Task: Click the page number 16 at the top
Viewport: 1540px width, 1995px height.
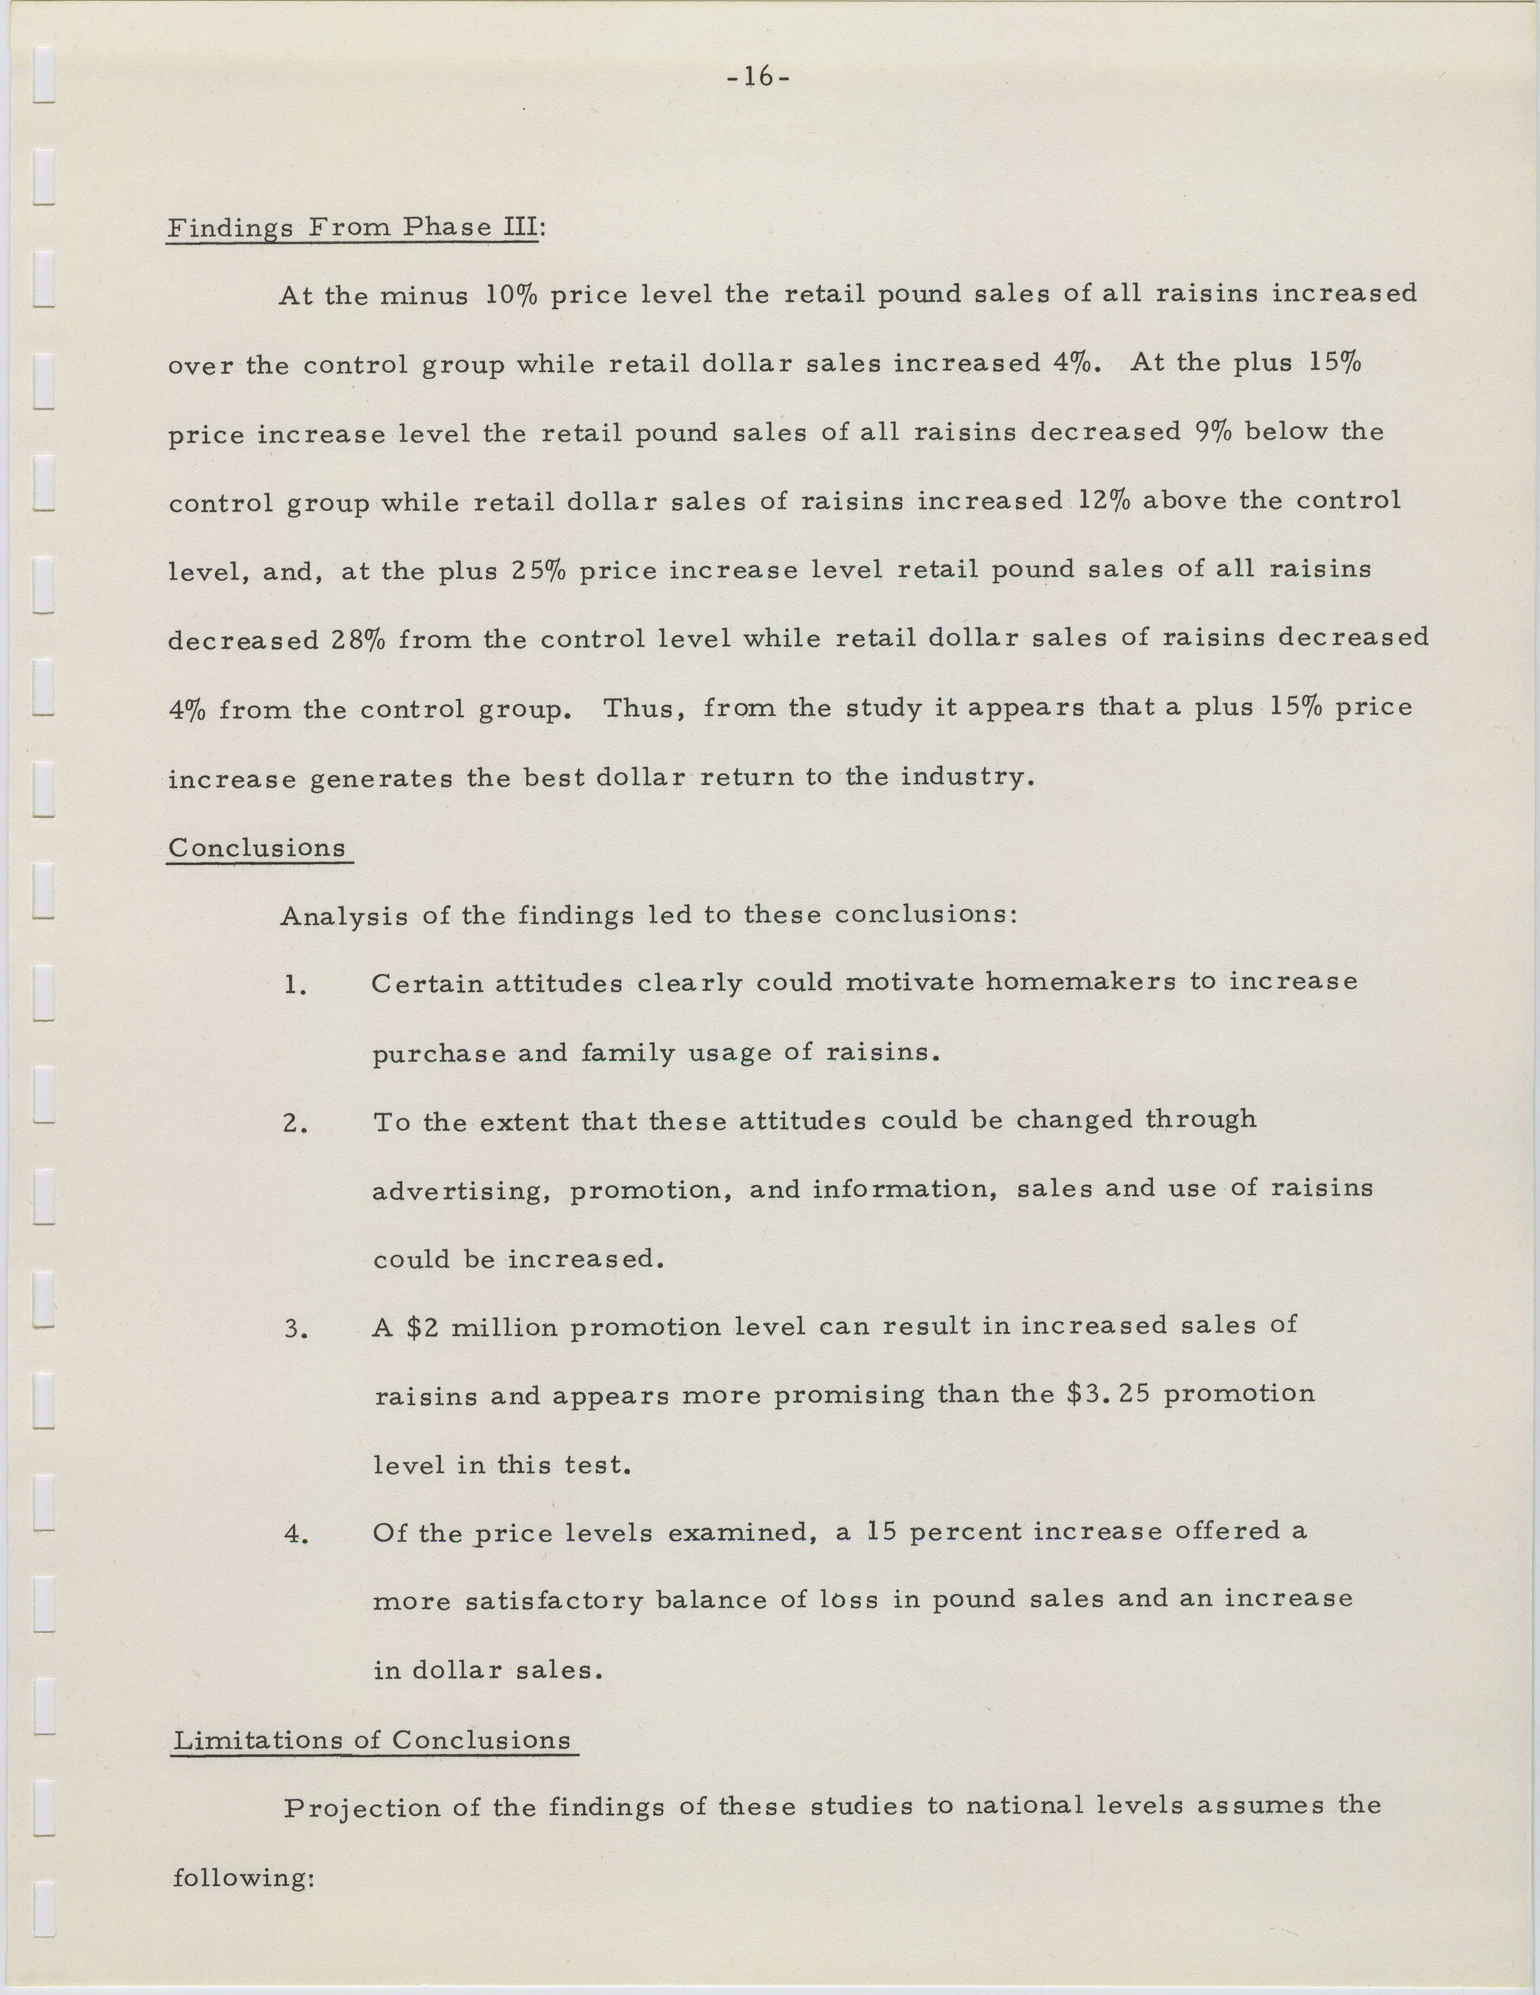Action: pos(757,78)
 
